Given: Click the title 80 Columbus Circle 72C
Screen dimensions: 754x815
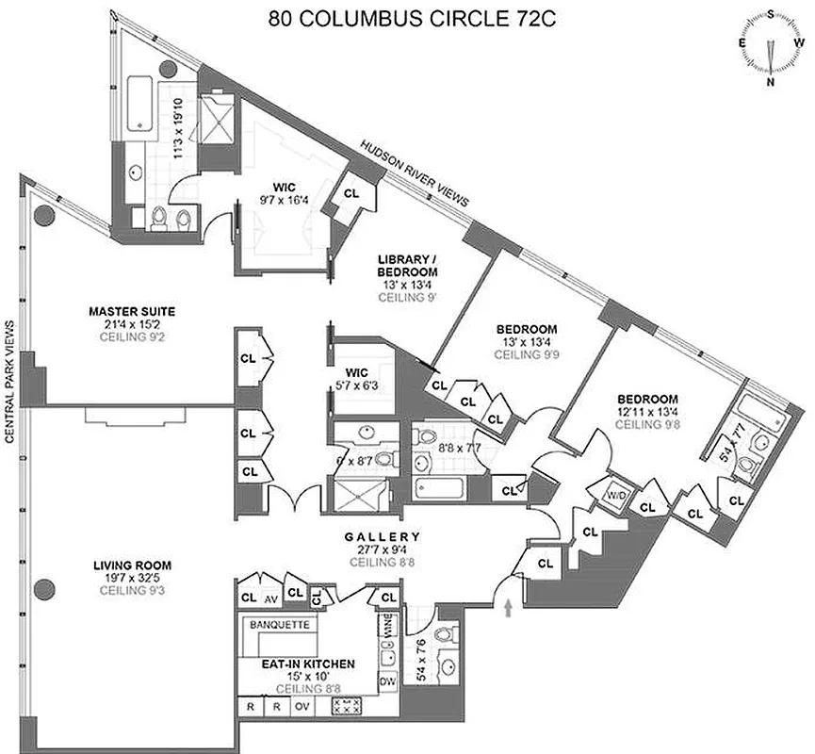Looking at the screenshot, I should pos(407,19).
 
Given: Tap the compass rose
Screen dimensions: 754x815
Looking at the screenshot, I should pos(771,46).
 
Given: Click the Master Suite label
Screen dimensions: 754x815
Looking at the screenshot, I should pos(132,310).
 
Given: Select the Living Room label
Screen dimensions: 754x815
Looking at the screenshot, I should pos(132,565).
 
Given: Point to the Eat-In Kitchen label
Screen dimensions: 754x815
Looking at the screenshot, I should pos(308,663).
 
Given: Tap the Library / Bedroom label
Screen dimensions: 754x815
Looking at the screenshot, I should pos(406,266).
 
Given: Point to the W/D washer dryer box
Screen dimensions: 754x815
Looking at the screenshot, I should pos(618,493).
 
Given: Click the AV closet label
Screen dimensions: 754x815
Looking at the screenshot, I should pos(270,598).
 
